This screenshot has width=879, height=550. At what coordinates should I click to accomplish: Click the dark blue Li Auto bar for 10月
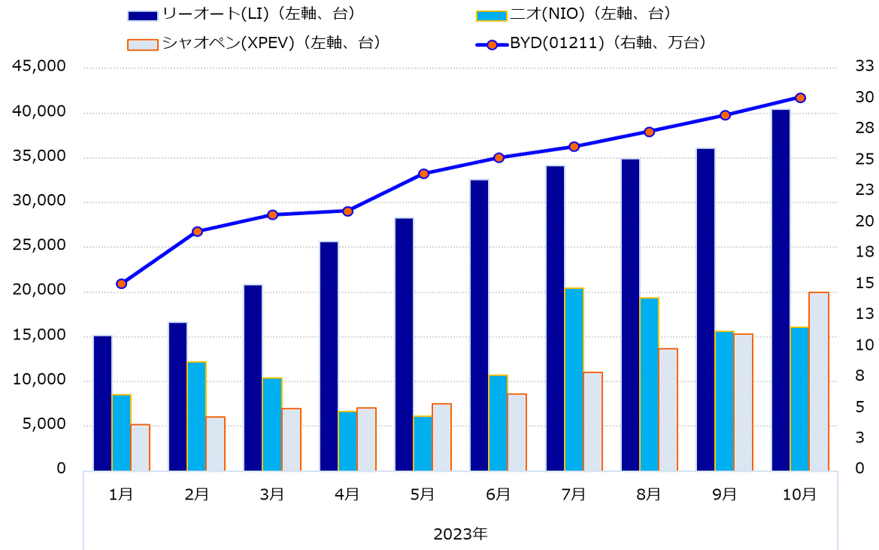point(780,290)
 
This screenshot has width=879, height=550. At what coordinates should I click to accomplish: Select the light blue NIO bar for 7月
point(574,379)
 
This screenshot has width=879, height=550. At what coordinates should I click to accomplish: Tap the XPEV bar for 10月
point(819,381)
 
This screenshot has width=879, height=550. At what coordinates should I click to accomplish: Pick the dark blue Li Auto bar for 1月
point(102,403)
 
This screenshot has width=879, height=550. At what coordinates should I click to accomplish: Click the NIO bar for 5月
point(423,443)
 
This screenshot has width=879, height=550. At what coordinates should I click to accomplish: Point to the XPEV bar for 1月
point(141,448)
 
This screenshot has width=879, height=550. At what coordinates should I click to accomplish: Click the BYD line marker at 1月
point(122,284)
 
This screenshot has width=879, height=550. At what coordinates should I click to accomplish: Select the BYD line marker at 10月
point(800,98)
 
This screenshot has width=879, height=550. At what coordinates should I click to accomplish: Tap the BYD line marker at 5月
point(423,174)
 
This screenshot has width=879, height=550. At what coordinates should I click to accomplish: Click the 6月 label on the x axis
point(498,494)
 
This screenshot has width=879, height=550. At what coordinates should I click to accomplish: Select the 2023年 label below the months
point(460,534)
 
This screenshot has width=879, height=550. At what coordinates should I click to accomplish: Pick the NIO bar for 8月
point(649,384)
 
